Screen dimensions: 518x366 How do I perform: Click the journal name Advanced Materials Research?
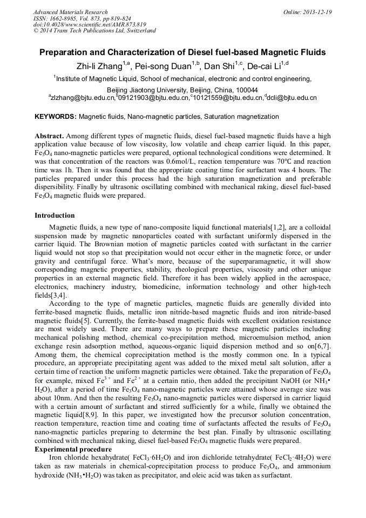[71, 12]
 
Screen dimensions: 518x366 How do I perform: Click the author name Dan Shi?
[221, 66]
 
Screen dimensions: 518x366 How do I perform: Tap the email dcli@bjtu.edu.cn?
[291, 98]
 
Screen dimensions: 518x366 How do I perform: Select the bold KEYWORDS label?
[56, 117]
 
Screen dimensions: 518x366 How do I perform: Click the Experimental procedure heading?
[73, 449]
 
